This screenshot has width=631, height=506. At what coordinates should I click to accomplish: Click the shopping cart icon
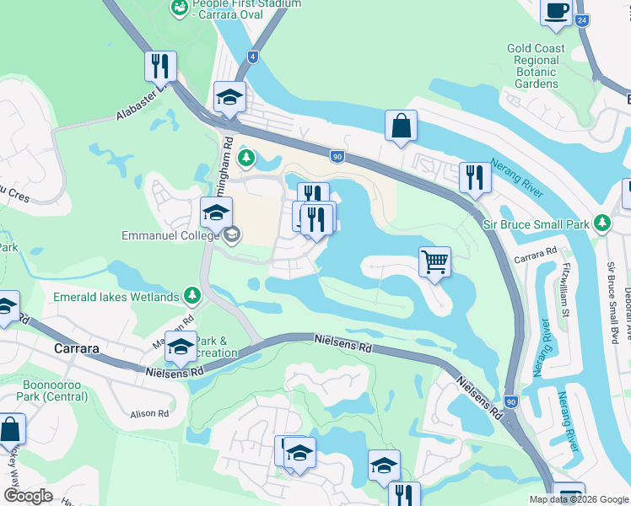(434, 261)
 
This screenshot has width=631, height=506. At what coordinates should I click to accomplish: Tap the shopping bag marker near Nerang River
(402, 126)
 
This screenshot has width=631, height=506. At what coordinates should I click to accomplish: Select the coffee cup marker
(556, 11)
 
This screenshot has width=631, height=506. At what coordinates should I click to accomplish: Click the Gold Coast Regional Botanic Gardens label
(536, 66)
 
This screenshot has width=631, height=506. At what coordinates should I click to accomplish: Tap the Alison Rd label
(150, 414)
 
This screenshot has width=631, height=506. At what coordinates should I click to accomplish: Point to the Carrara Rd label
(539, 251)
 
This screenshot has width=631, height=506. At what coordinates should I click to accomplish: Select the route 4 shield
(253, 57)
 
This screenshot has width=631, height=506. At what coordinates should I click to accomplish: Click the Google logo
(28, 496)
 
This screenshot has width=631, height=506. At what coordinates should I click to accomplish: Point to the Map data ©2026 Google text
(579, 499)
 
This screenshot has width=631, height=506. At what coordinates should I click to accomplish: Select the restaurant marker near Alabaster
(159, 65)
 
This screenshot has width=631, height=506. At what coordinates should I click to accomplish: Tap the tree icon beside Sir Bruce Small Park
(601, 223)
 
